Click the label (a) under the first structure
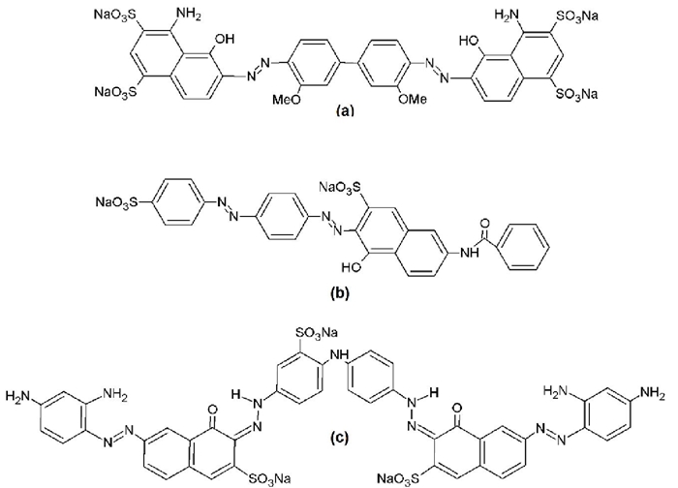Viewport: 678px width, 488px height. (338, 112)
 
